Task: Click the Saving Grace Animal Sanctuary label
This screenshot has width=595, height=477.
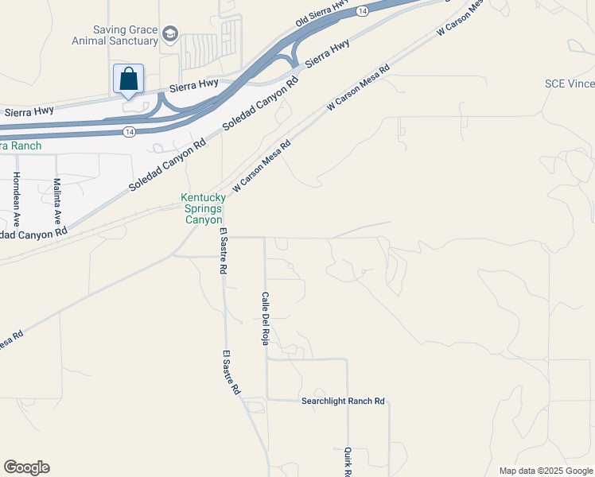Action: point(125,36)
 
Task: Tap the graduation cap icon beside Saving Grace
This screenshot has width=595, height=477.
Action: point(169,34)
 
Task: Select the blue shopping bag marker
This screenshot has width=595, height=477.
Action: point(128,79)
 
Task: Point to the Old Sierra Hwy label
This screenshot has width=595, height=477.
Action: point(322,14)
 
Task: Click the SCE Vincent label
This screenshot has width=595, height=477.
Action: point(570,83)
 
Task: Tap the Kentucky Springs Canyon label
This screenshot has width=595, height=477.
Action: point(202,208)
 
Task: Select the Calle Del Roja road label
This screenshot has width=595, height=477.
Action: point(266,318)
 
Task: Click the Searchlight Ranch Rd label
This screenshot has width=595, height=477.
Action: point(343,401)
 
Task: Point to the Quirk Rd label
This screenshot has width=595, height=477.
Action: point(348,461)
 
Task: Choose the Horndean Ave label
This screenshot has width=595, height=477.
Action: point(17,199)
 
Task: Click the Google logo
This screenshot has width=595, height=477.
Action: point(26,467)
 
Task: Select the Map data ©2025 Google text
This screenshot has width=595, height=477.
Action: point(546,471)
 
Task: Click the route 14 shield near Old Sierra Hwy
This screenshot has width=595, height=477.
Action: point(362,10)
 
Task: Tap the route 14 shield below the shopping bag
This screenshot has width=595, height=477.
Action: point(128,130)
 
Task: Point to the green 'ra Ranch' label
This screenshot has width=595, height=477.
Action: point(20,145)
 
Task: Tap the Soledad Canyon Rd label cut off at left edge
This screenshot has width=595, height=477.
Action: point(33,235)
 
